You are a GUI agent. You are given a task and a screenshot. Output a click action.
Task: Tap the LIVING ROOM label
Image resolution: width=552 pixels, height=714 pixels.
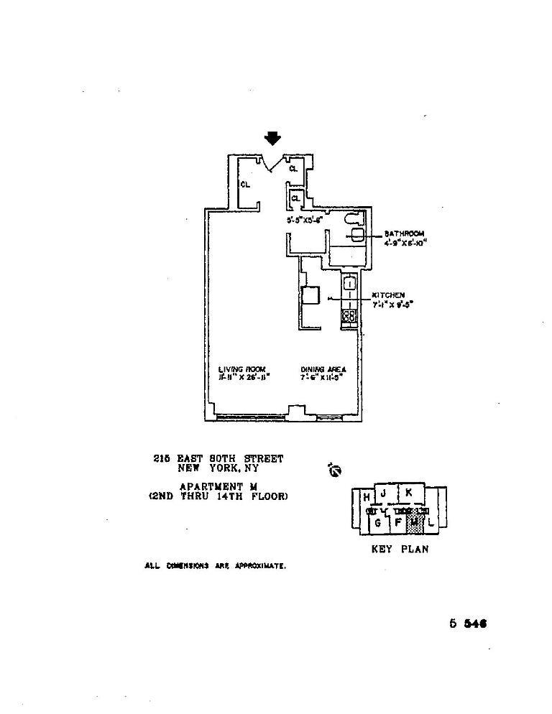(x=242, y=369)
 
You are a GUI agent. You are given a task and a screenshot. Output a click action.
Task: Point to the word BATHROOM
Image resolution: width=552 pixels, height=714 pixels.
(x=404, y=233)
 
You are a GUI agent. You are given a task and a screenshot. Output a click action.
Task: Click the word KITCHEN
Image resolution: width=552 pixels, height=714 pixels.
(x=388, y=295)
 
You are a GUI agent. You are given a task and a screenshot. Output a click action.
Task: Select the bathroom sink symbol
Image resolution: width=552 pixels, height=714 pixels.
(x=358, y=236)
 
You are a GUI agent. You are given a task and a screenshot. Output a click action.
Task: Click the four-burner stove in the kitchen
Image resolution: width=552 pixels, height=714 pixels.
(x=349, y=315)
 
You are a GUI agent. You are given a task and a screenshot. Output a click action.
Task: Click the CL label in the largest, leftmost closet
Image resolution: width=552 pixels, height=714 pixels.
(x=245, y=184)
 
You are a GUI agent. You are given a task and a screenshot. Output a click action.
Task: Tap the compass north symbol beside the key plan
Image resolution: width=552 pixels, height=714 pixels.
(x=334, y=470)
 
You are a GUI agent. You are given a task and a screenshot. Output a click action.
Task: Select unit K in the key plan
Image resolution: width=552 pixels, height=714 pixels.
(x=408, y=493)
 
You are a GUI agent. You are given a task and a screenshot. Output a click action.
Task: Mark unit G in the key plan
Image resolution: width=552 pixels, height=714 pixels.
(x=377, y=523)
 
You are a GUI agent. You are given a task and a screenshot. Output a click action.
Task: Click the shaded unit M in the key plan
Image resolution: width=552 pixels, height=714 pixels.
(x=415, y=523)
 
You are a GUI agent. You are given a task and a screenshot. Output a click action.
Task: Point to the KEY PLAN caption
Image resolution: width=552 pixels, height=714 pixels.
(x=399, y=550)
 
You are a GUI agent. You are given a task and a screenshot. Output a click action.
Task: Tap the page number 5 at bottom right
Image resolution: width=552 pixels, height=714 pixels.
(x=454, y=623)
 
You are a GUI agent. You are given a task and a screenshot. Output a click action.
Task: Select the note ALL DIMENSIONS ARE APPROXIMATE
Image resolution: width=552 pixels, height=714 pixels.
(x=216, y=566)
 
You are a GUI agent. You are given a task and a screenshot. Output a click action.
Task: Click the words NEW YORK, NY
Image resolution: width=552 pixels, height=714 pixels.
(x=218, y=468)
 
